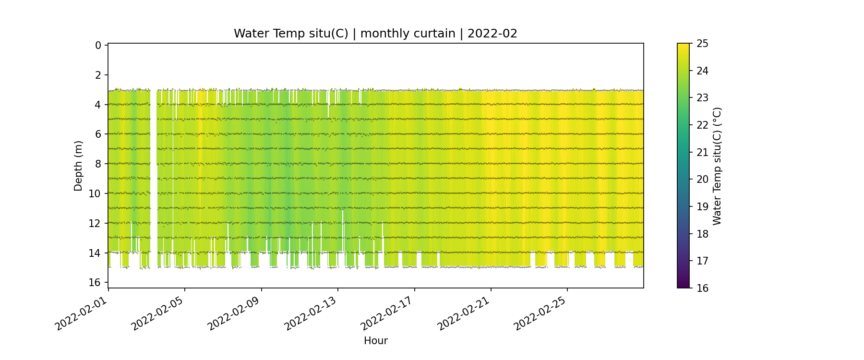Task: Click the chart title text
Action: point(375,34)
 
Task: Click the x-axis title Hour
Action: point(375,341)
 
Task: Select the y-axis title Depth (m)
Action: point(78,166)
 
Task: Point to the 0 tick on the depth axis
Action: point(98,45)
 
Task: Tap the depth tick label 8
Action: point(98,164)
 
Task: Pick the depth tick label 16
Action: point(95,282)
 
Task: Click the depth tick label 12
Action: point(95,223)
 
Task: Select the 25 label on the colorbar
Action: point(702,44)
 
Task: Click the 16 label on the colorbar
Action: point(702,288)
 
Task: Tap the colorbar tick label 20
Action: point(702,180)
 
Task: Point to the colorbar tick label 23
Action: point(702,98)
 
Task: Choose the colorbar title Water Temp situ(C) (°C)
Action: point(717,166)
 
